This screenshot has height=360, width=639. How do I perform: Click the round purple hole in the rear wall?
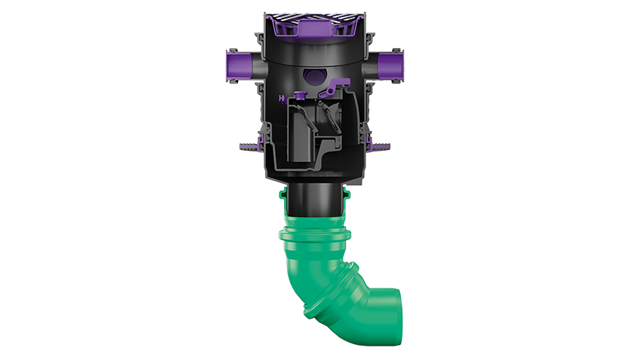pos(314,75)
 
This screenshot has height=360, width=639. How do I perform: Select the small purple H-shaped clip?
pos(282,97)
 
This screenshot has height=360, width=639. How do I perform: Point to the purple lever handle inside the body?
pos(329,92)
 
